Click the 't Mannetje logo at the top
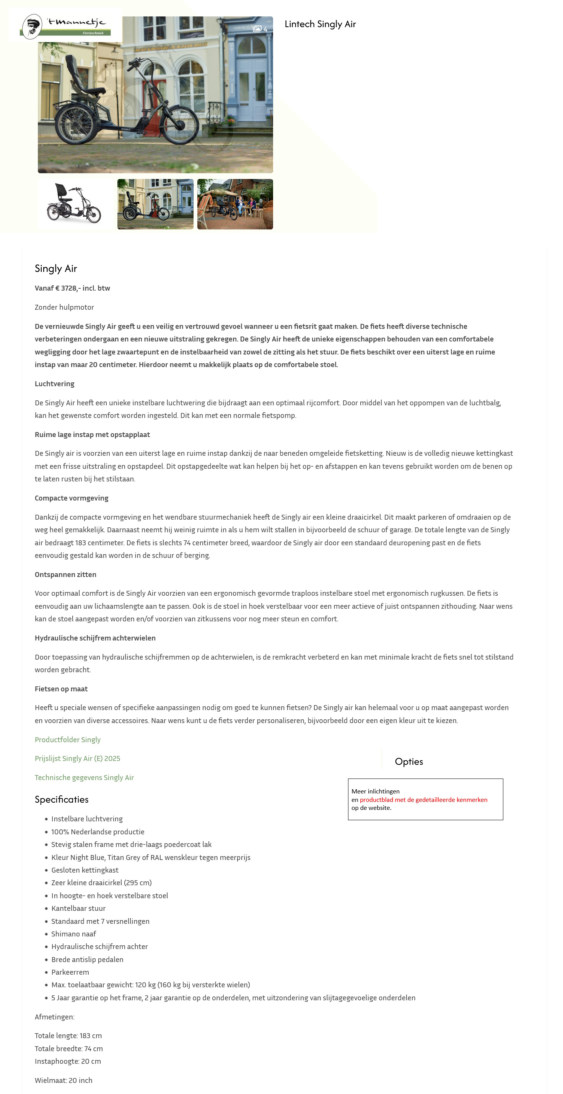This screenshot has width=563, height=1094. coord(65,26)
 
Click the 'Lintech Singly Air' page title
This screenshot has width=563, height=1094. coord(320,24)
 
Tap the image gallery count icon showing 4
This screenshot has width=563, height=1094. coord(260,29)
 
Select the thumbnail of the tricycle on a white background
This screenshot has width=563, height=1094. coord(75,204)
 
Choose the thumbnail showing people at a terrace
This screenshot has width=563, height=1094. coord(235,204)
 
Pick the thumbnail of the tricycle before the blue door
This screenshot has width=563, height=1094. coord(155,204)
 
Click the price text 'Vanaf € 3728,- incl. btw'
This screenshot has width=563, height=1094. coord(72,288)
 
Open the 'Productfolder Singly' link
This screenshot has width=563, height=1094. coord(68,740)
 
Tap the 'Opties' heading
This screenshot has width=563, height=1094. coord(409,762)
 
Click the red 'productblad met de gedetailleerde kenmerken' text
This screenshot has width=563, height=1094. coord(423,800)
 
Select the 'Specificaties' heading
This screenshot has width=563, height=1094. coord(62,800)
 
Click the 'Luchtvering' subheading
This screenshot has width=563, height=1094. coord(54,384)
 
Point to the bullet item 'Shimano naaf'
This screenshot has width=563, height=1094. coord(73,934)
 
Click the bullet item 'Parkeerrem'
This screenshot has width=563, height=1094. coord(70,972)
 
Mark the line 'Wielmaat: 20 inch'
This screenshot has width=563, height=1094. coord(63,1080)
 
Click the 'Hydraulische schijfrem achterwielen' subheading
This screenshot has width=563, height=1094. coord(95,638)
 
